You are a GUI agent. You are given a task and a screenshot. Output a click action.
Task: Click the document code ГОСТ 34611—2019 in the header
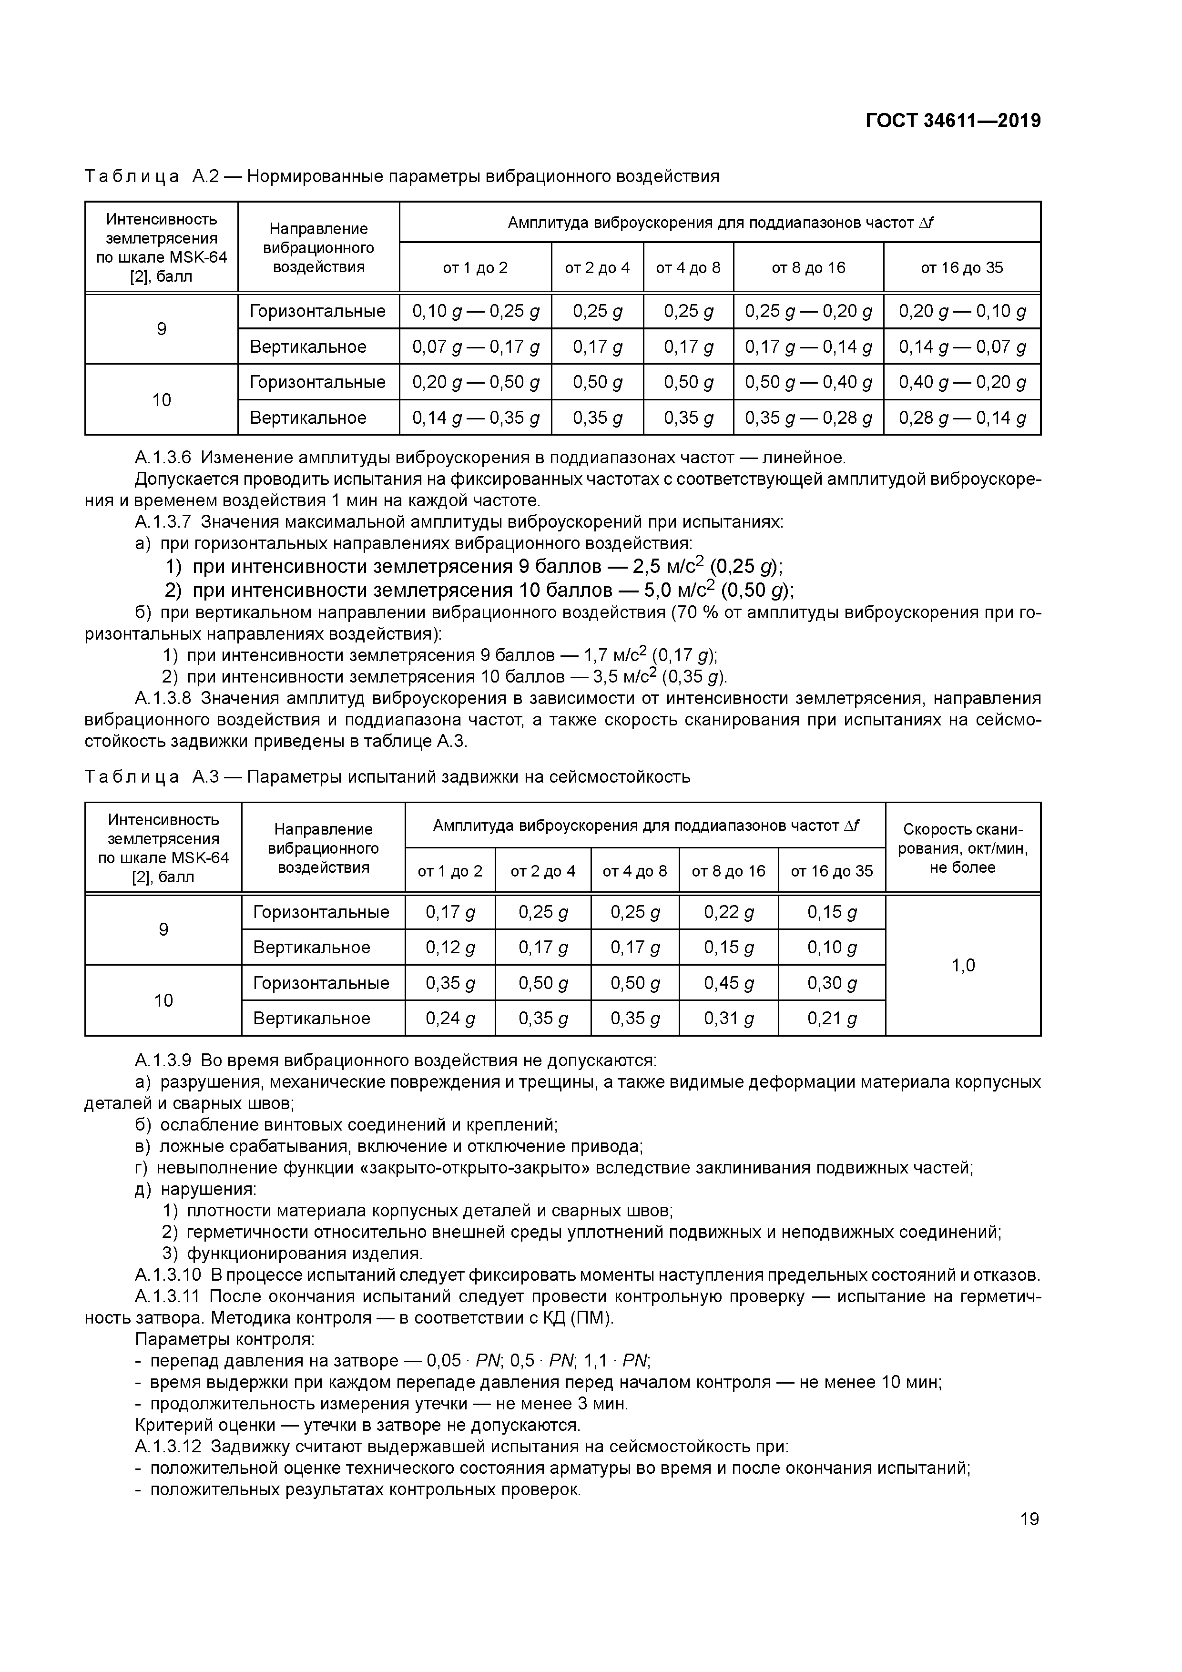click(x=953, y=121)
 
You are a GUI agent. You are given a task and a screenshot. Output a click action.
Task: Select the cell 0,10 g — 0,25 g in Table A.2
click(x=476, y=312)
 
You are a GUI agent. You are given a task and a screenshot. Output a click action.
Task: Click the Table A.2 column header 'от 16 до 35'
click(x=961, y=268)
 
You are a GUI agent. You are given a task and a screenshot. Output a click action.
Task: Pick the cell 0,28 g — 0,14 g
click(x=961, y=418)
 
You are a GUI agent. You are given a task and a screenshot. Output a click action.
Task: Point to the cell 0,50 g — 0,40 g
click(x=808, y=382)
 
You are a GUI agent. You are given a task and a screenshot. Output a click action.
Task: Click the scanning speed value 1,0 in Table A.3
click(x=962, y=966)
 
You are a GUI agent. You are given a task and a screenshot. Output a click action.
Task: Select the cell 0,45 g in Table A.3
click(x=728, y=984)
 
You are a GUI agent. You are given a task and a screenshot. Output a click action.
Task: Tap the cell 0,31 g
click(x=728, y=1019)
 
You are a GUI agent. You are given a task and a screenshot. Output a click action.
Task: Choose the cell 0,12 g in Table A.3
click(x=450, y=948)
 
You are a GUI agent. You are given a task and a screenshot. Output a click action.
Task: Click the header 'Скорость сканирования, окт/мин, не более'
click(x=962, y=847)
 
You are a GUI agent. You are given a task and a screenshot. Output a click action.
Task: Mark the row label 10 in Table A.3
click(x=163, y=1000)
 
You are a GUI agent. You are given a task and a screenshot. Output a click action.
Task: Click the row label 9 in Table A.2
click(x=162, y=329)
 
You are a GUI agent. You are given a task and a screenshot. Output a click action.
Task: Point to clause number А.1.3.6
click(x=163, y=458)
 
